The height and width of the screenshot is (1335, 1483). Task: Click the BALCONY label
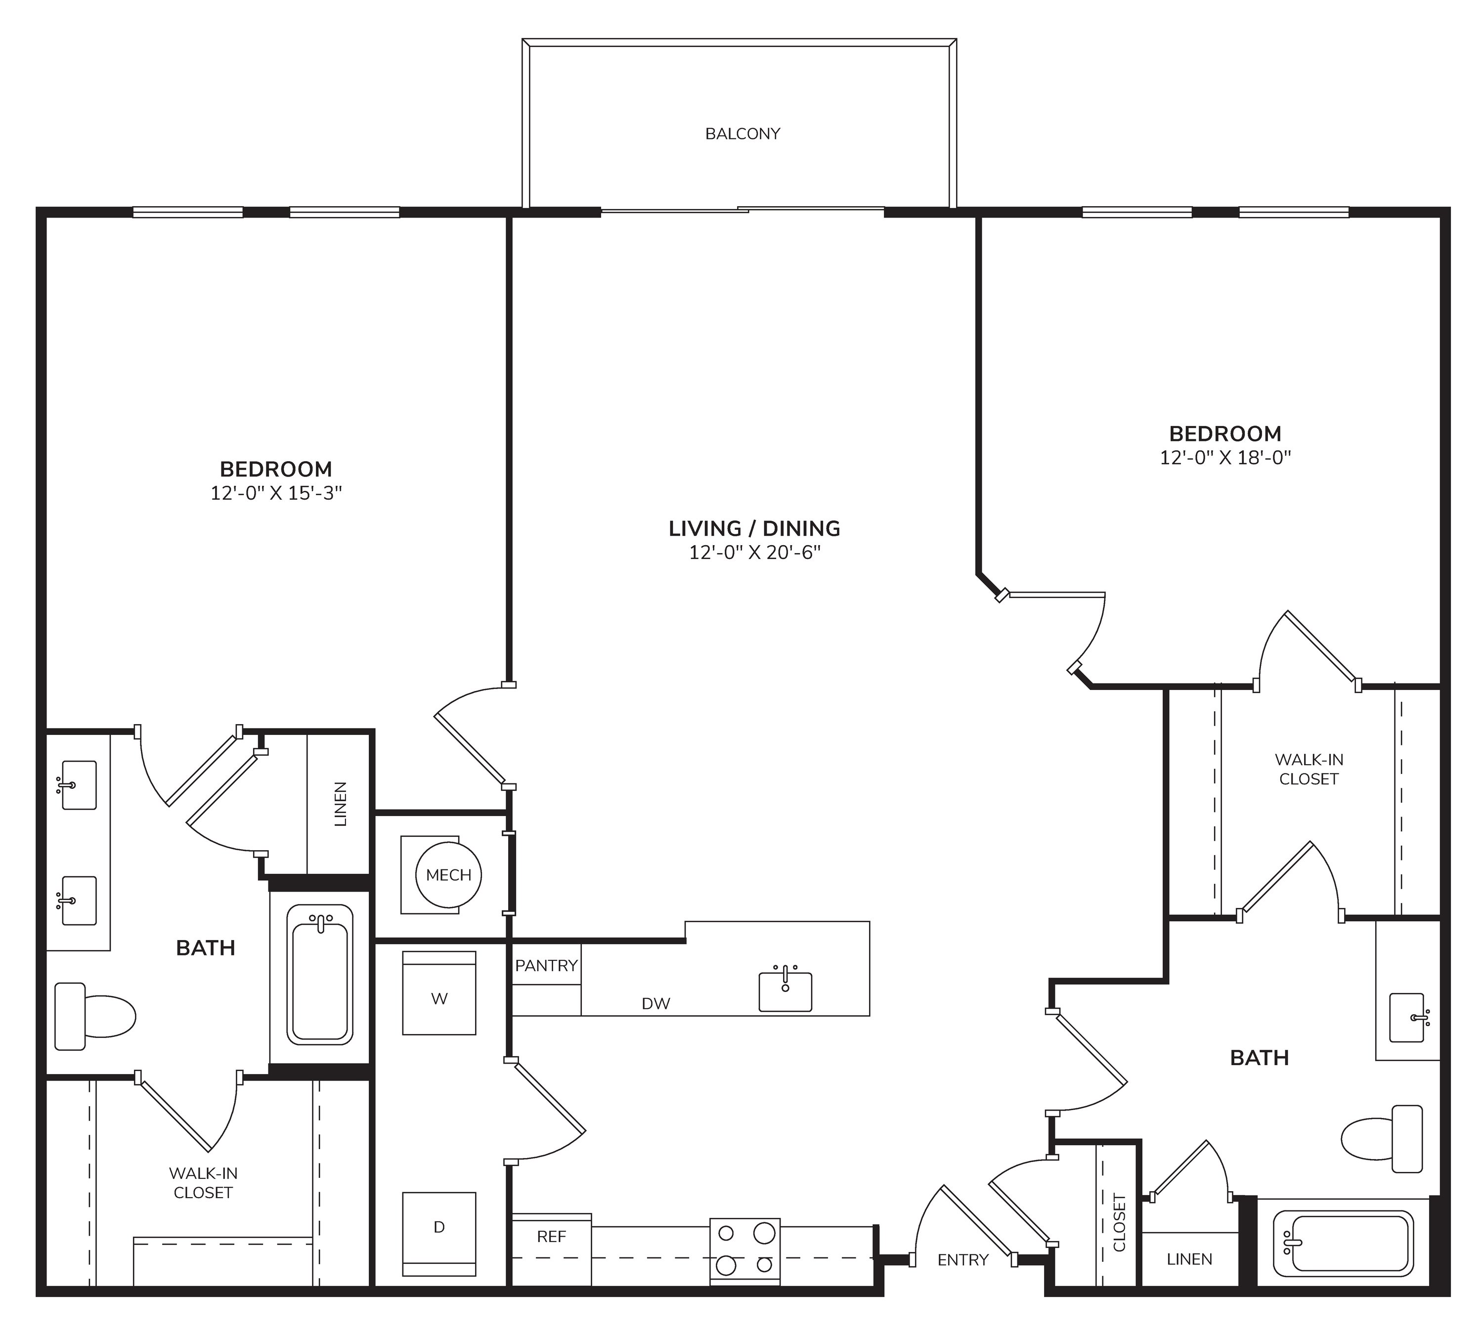[742, 133]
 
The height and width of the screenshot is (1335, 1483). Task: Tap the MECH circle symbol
[448, 875]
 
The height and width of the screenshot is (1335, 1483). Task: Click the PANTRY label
[546, 965]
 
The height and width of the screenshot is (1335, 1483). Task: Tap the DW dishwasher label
[655, 1003]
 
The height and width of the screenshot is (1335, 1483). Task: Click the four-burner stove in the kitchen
[744, 1251]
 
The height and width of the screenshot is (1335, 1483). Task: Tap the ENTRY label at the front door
[963, 1259]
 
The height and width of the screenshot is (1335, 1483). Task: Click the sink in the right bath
[1407, 1017]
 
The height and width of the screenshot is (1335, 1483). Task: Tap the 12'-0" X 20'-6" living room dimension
[754, 553]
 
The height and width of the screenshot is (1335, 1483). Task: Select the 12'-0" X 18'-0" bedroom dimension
[1225, 458]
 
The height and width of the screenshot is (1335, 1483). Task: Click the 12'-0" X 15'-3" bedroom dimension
[276, 493]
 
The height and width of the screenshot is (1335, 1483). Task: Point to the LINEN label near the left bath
[340, 804]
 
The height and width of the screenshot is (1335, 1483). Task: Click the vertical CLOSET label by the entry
[1119, 1223]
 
